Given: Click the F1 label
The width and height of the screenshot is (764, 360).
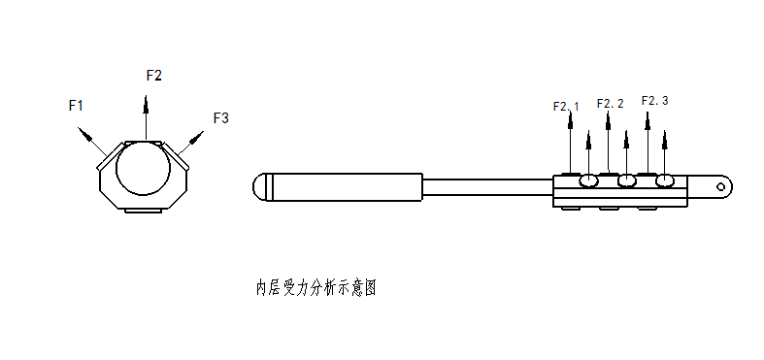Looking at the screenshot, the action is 76,105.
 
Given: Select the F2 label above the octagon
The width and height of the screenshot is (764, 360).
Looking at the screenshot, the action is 154,76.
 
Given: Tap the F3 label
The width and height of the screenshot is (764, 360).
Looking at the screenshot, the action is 220,117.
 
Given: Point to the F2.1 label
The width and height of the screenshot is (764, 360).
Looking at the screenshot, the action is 566,106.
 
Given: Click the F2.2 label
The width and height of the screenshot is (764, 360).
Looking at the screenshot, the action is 610,103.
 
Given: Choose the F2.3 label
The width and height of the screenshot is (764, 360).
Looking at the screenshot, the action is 655,101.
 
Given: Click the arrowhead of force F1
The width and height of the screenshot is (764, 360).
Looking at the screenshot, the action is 83,134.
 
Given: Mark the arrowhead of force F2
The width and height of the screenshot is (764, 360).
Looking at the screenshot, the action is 146,104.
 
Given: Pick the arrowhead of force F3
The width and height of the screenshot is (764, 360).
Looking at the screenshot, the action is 196,137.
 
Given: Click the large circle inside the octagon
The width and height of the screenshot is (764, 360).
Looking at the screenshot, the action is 144,168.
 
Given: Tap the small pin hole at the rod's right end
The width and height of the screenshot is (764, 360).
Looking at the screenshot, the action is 720,187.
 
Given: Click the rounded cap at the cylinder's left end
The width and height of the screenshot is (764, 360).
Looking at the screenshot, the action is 259,187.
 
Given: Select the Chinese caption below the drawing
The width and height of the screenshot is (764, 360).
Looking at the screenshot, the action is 316,288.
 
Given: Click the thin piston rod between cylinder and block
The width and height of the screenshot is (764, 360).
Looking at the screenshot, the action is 487,187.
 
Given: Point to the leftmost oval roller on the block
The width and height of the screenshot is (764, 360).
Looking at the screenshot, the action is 588,181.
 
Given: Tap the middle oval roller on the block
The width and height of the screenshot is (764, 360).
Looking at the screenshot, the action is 626,181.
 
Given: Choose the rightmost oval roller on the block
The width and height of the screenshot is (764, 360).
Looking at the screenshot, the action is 665,181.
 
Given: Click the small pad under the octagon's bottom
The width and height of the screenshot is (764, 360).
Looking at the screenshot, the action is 144,211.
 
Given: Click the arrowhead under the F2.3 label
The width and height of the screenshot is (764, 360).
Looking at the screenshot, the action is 648,121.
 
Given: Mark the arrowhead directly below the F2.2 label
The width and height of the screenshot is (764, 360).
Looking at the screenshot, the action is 608,121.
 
